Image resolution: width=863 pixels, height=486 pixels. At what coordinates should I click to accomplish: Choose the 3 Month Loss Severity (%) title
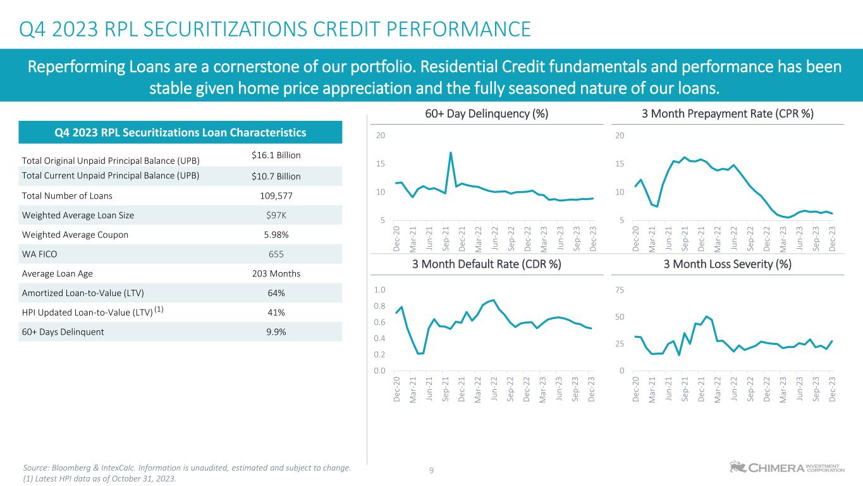coord(727,264)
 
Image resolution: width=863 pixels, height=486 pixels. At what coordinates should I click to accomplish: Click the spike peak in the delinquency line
coord(451,153)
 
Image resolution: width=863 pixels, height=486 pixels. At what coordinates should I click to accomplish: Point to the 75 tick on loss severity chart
coord(621,290)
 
